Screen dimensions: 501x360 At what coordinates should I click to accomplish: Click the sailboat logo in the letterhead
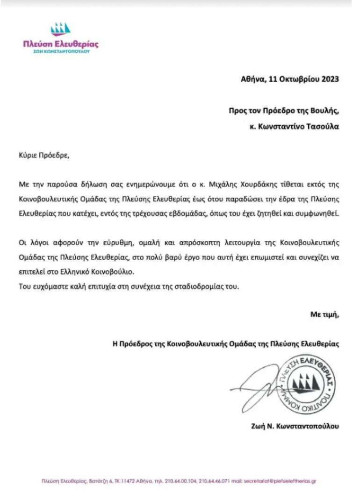[x=60, y=29]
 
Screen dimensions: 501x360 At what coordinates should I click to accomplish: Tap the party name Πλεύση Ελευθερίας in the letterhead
[x=61, y=44]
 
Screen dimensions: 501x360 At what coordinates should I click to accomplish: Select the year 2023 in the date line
[x=328, y=79]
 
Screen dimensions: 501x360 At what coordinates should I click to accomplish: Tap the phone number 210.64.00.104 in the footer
[x=181, y=480]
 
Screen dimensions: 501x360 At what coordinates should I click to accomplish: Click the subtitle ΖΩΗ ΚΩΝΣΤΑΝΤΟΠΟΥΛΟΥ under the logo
[x=61, y=52]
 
